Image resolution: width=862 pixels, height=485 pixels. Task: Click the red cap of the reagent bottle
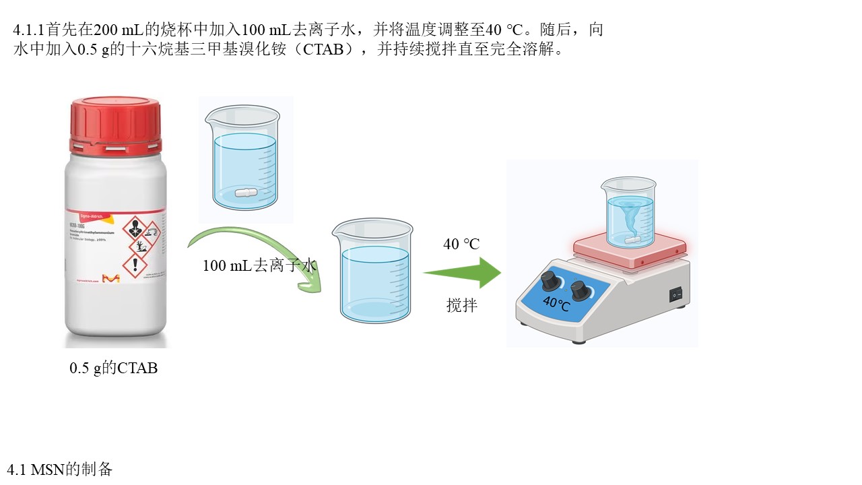116,125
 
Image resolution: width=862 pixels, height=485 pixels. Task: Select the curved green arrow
256,249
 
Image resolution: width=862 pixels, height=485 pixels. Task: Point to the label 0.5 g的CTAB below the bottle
113,368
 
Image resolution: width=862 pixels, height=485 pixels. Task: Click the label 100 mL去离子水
259,265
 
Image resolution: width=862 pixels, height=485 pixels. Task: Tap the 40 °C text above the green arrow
461,244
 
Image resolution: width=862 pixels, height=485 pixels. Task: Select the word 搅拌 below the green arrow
462,305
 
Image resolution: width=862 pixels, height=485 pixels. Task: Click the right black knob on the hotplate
579,291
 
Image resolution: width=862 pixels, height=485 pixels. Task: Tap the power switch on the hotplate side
675,294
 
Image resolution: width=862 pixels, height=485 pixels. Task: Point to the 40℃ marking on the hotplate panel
556,304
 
